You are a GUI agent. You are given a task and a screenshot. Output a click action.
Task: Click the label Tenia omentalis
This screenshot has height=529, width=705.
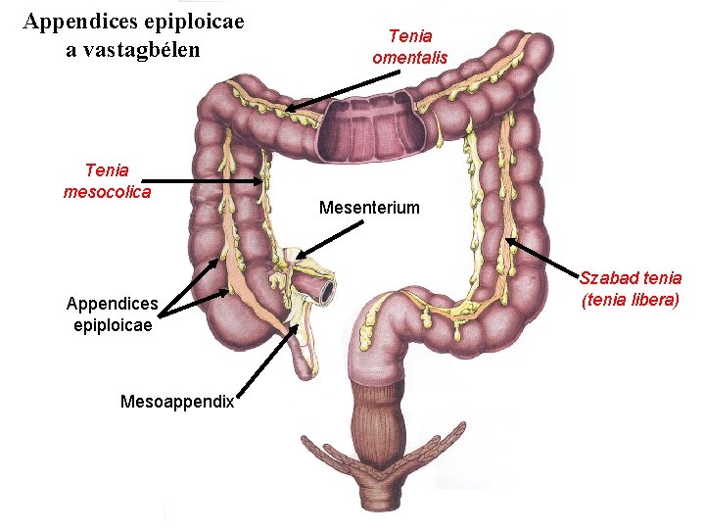point(409,47)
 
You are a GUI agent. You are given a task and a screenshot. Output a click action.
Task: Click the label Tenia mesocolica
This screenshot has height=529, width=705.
point(107,181)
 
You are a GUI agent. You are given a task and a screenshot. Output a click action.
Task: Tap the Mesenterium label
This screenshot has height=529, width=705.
point(369,208)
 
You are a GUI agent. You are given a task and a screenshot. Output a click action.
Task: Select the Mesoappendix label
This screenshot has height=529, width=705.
point(176,401)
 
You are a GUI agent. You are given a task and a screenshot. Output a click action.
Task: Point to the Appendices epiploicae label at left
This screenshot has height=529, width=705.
point(110,313)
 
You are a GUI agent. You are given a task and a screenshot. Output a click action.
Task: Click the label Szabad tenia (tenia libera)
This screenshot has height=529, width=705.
point(631,290)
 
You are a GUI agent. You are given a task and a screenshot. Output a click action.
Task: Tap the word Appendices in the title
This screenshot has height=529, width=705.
point(77,20)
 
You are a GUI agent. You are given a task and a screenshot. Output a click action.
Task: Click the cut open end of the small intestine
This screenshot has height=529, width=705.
point(326,290)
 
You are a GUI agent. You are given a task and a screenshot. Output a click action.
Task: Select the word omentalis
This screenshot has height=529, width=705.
point(409,58)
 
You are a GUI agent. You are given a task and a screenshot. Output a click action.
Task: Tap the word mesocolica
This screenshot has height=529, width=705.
point(107,192)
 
